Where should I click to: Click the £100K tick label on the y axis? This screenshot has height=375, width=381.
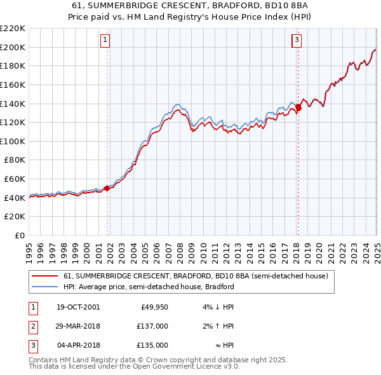pos(13,141)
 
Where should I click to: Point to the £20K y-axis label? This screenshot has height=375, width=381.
pos(15,216)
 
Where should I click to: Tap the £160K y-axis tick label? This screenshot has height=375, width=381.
pos(13,85)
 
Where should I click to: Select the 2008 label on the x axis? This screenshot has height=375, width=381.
pos(180,248)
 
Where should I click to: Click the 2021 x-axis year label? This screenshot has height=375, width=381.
pos(331,248)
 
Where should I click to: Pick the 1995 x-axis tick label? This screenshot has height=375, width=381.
pos(29,248)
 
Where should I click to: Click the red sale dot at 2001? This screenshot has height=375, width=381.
pos(107,187)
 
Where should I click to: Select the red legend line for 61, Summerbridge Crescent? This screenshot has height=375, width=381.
pos(44,276)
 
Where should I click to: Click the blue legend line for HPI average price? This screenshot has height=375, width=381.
pos(44,287)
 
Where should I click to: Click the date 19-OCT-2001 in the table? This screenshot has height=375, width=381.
pos(78,307)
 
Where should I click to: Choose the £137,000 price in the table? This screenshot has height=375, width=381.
pos(152,326)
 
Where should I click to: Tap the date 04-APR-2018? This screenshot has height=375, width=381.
pos(79,345)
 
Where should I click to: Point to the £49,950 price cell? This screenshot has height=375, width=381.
pos(154,307)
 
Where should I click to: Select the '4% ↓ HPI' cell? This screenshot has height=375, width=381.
pos(218,307)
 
